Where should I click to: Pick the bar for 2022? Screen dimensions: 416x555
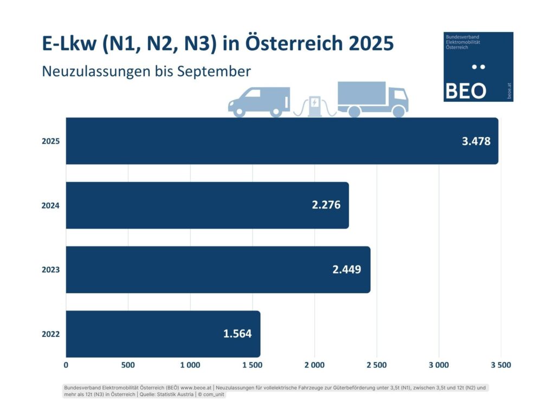click(163, 334)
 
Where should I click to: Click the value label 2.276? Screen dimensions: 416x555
click(326, 206)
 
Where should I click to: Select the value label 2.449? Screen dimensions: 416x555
click(347, 270)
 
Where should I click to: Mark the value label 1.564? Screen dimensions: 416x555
click(237, 334)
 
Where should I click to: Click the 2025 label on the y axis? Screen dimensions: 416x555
click(50, 141)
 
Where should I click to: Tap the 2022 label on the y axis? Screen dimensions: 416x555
click(50, 334)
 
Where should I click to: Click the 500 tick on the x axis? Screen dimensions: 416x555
click(128, 365)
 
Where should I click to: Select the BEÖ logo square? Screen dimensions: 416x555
click(478, 66)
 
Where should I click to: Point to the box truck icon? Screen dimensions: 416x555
click(373, 99)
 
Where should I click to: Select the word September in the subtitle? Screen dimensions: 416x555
click(220, 71)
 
